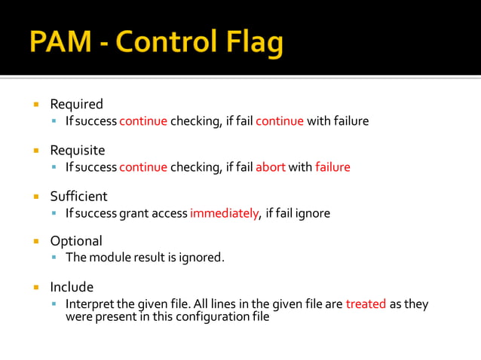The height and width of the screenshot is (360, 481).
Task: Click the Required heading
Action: (76, 104)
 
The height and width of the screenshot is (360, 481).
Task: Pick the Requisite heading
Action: (78, 150)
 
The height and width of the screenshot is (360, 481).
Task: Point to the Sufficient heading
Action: (78, 196)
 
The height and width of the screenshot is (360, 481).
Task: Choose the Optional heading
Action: (76, 241)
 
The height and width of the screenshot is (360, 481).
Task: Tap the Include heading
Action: (72, 287)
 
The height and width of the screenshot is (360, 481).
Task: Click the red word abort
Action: (270, 167)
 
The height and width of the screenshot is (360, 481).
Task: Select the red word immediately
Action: (224, 213)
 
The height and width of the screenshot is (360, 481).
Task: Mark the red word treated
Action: (366, 304)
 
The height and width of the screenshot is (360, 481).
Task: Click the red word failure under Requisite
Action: (332, 167)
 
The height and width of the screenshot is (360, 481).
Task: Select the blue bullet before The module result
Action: (55, 258)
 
